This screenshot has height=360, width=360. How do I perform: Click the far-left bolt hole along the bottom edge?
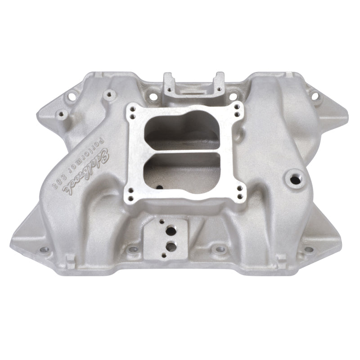(44, 249)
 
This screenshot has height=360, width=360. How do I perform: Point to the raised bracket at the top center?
(193, 85)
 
